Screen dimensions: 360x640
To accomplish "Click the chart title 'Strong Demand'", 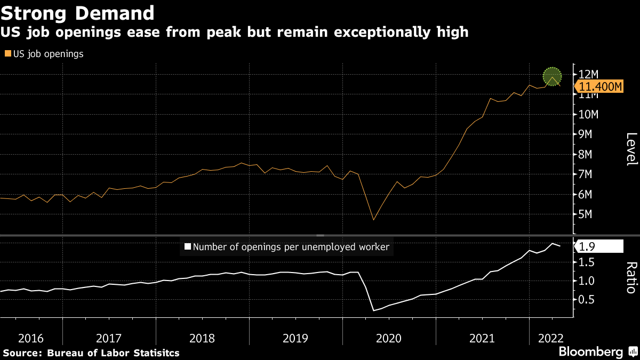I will point(78,12).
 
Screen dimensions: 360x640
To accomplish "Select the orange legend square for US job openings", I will point(7,54).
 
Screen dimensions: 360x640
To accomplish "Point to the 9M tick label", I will point(585,134).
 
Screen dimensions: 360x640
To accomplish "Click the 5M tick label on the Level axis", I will point(585,214).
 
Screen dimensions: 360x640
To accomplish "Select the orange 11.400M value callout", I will point(600,87).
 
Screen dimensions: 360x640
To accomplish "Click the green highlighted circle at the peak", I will point(553,77).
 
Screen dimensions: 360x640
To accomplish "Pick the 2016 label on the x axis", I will point(31,338).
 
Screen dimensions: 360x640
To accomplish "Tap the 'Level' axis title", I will point(631,149).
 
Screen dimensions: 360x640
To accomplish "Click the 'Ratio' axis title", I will point(631,277).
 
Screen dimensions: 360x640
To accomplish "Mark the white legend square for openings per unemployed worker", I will point(187,246).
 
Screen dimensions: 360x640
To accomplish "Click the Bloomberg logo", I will point(590,352).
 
